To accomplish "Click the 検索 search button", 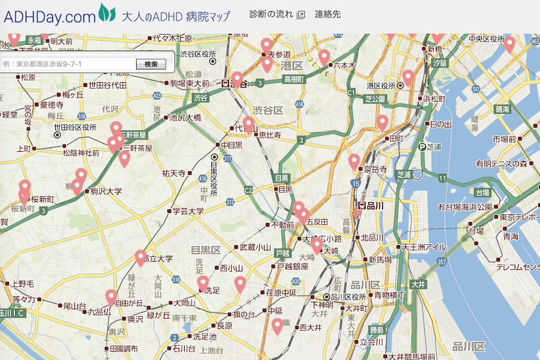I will (151, 64).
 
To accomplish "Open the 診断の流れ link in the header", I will (272, 14).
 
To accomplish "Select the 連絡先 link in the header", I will (328, 14).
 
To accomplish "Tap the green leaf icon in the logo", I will (107, 13).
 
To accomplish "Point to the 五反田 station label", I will (317, 222).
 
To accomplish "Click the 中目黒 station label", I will (232, 145).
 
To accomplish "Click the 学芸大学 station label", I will (188, 211).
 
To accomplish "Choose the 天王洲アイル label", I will (424, 247).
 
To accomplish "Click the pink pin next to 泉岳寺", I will (354, 161).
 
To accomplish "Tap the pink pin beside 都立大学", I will (141, 257).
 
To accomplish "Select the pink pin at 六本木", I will (324, 56).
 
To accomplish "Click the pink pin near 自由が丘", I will (111, 296).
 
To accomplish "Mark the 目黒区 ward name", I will (206, 248).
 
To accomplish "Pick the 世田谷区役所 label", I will (75, 127).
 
